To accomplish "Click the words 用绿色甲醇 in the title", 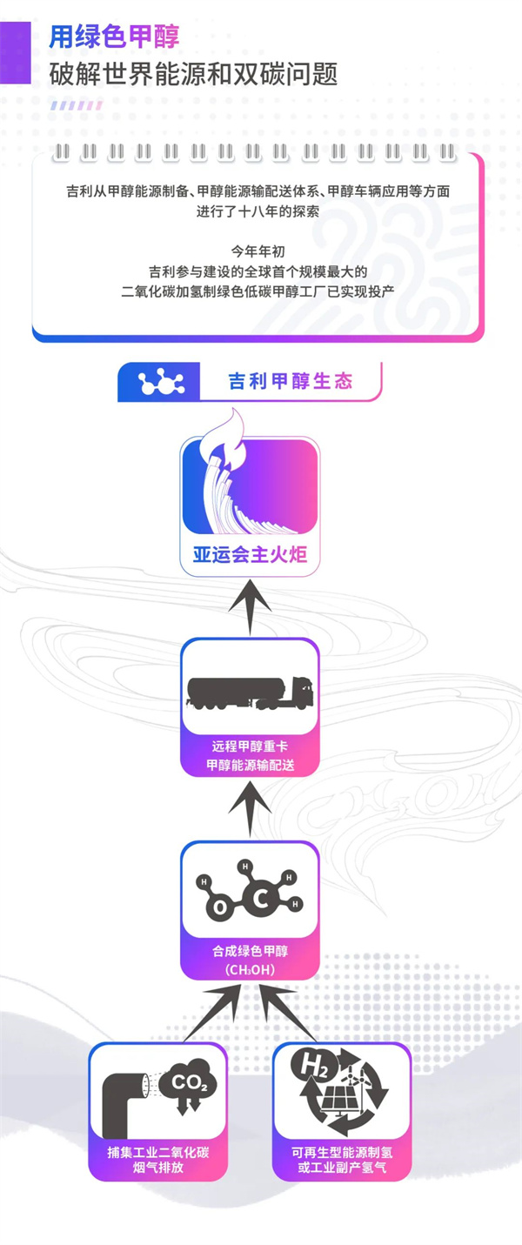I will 114,37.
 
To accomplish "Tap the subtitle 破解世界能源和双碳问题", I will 193,75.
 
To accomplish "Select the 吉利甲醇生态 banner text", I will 291,382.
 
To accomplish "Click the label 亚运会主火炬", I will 250,554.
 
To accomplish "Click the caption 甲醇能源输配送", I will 250,765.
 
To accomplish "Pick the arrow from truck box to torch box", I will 250,608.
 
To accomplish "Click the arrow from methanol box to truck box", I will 250,811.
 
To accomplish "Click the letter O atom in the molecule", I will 221,908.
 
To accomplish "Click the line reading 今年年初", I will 258,252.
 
